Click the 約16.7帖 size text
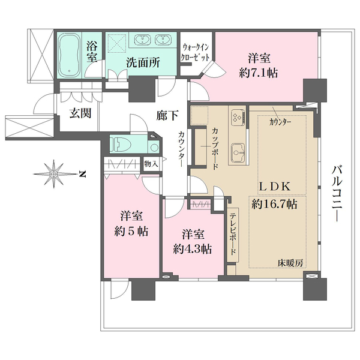[274, 204]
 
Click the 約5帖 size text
[130, 230]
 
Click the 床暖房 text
[290, 263]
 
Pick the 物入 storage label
[151, 163]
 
